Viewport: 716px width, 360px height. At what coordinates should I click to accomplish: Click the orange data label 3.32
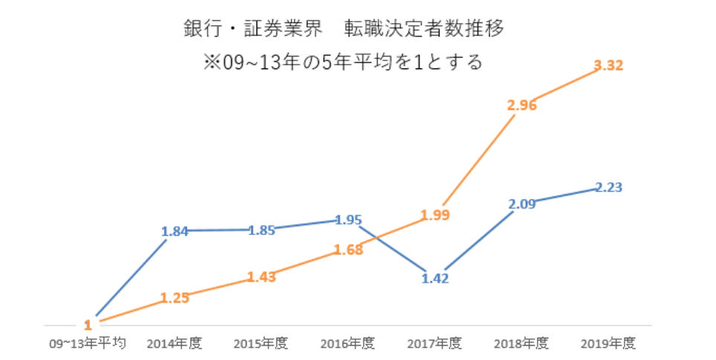point(608,65)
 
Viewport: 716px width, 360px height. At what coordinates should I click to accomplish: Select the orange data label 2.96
point(522,105)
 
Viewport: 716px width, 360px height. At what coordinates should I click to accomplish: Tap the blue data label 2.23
point(608,187)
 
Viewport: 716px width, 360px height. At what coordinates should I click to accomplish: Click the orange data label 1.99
point(435,215)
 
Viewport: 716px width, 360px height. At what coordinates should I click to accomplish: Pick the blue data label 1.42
point(435,278)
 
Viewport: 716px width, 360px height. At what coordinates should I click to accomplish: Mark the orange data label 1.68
point(348,249)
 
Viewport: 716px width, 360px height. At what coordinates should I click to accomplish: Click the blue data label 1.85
point(261,230)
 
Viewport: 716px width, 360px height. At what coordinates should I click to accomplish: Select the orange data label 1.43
point(261,277)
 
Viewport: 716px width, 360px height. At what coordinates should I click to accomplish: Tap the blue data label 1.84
point(175,231)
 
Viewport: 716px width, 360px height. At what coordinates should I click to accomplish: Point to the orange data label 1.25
point(175,298)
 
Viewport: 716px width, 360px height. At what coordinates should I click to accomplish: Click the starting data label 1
point(88,324)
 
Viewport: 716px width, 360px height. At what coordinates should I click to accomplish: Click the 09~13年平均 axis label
point(88,344)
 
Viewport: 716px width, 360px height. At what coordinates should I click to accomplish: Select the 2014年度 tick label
point(175,344)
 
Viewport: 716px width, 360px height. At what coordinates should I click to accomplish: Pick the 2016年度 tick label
point(348,344)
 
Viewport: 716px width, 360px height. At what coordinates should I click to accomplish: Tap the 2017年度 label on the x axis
point(435,344)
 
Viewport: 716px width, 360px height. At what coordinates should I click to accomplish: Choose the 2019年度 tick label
point(608,344)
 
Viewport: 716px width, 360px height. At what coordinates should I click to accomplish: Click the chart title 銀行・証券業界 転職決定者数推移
point(344,28)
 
